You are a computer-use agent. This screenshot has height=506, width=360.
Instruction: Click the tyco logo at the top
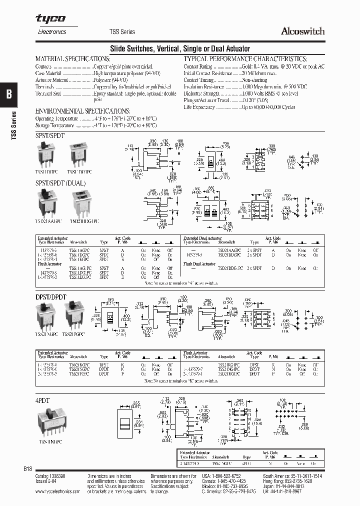point(50,19)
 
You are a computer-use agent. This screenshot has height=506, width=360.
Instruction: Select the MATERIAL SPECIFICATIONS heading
point(72,58)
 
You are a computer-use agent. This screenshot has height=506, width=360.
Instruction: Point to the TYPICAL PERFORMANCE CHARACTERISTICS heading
point(245,58)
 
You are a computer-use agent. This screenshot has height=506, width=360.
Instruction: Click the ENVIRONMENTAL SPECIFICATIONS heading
point(83,110)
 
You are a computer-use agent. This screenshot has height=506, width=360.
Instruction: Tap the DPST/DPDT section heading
point(51,296)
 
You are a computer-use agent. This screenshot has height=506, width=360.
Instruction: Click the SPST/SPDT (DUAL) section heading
point(60,183)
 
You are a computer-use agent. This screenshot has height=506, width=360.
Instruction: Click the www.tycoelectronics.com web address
point(58,491)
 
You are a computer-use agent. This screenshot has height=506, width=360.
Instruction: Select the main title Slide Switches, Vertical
point(179,48)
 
